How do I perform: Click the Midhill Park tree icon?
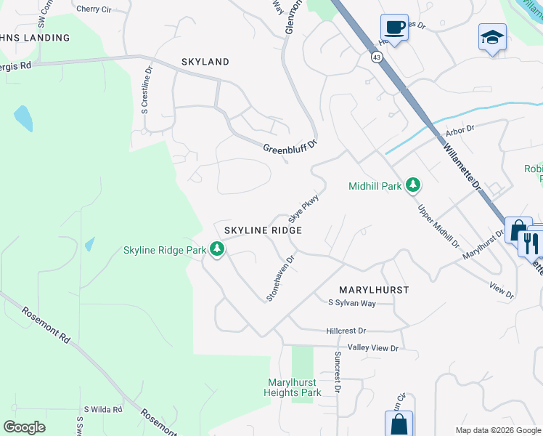pos(413,186)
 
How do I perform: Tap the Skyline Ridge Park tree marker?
pos(216,250)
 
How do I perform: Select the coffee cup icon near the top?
pos(394,28)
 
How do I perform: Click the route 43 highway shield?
pos(376,57)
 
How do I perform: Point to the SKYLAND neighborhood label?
pos(205,62)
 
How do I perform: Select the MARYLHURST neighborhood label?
pos(374,289)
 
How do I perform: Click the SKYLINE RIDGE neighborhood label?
pos(262,230)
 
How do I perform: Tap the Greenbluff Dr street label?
pos(290,147)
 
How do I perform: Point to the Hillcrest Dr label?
pos(346,331)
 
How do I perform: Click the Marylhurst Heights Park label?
pos(294,387)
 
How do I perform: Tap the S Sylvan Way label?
pos(352,302)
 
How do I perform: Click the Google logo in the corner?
pos(25,427)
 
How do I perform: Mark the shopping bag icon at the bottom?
pos(399,424)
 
